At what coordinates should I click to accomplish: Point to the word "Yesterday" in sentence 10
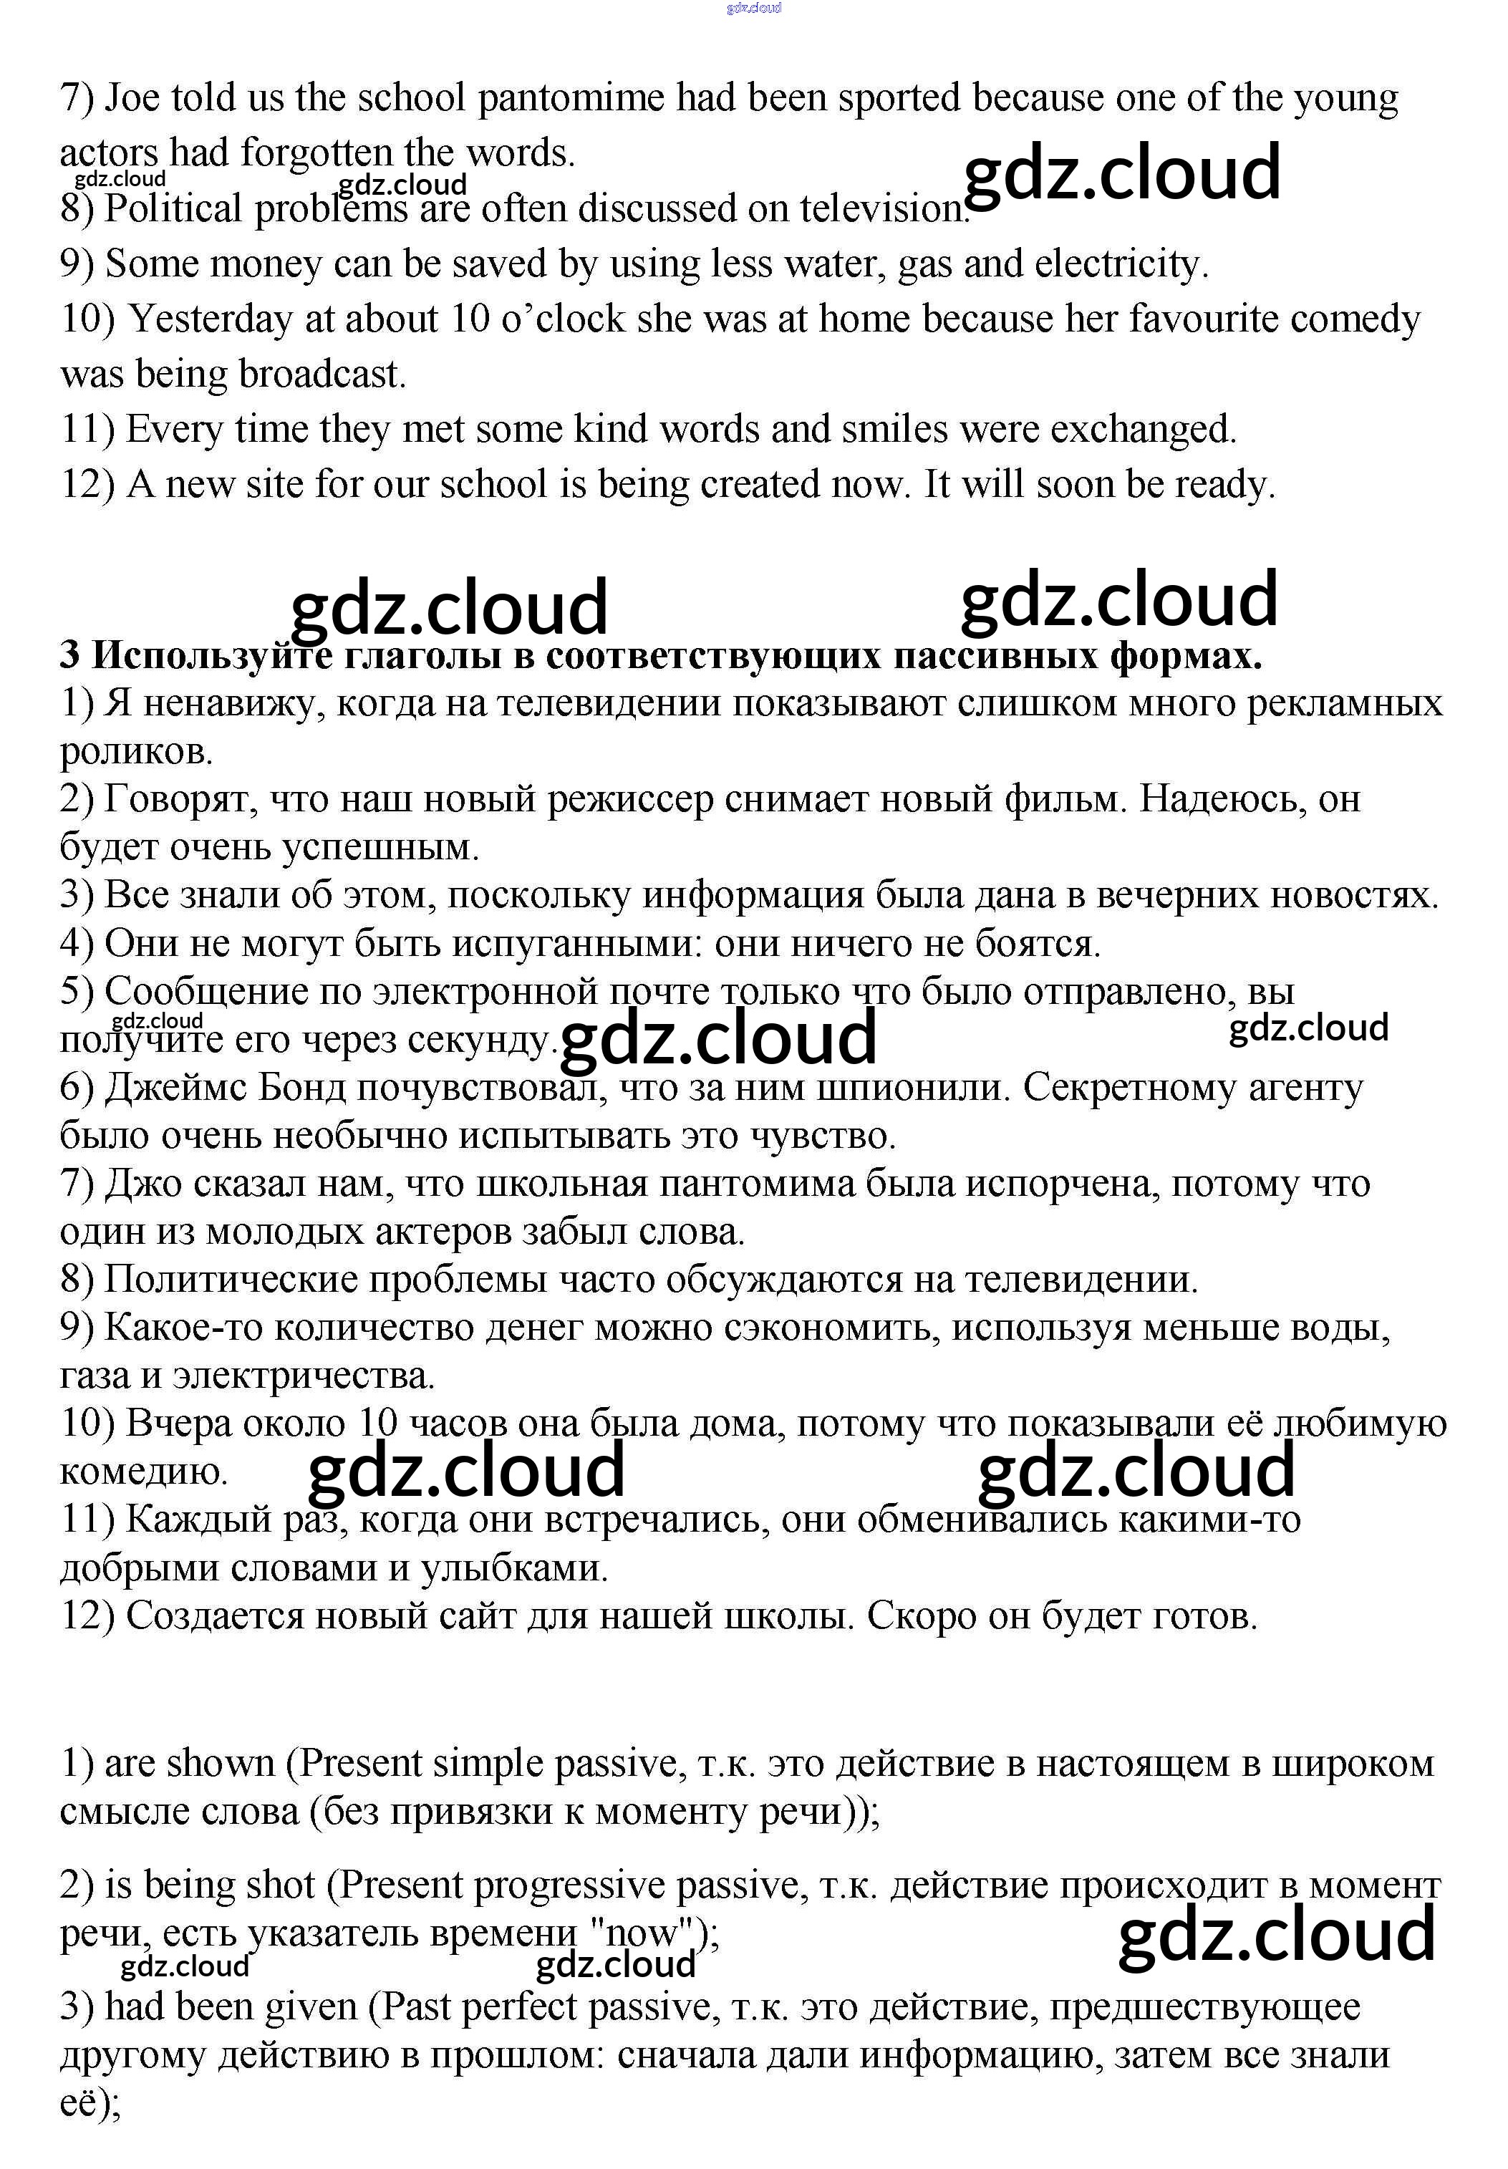[210, 319]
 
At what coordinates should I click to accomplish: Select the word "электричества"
[304, 1376]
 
